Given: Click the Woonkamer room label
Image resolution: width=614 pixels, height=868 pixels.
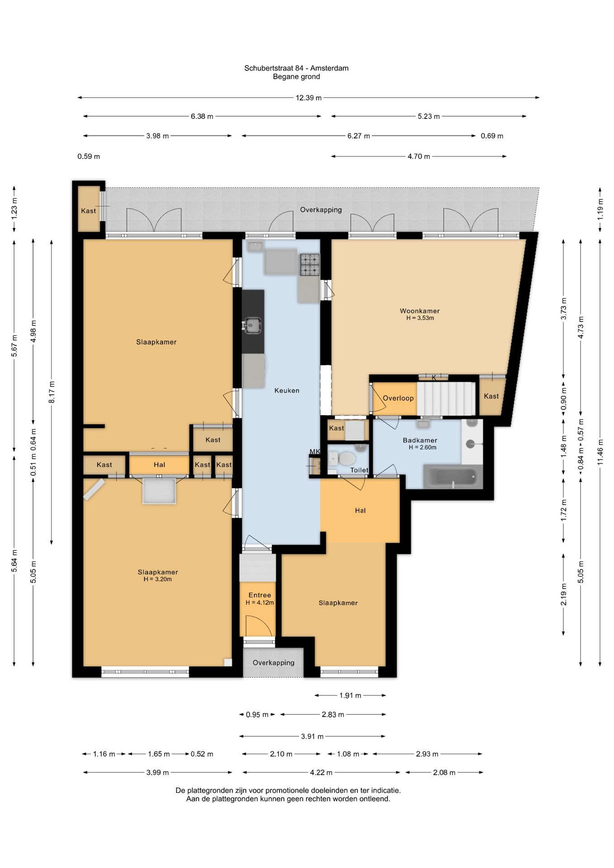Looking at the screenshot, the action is pyautogui.click(x=420, y=311).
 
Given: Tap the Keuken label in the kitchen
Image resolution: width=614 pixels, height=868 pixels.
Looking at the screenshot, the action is pyautogui.click(x=287, y=391).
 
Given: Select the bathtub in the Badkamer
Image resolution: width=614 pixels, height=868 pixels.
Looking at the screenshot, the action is pyautogui.click(x=453, y=477).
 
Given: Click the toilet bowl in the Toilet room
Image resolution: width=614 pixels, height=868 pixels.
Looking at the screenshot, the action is pyautogui.click(x=347, y=459).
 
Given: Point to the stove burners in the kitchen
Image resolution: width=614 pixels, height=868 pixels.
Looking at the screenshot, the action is pyautogui.click(x=310, y=265).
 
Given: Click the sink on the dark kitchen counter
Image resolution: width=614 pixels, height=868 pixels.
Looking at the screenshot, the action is pyautogui.click(x=252, y=325).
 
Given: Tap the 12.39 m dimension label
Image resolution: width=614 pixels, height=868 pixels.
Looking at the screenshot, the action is pyautogui.click(x=309, y=98).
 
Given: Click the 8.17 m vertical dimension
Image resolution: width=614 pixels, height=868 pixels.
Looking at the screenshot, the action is pyautogui.click(x=52, y=392).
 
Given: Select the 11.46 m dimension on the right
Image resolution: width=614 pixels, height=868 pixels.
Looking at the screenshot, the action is pyautogui.click(x=600, y=452).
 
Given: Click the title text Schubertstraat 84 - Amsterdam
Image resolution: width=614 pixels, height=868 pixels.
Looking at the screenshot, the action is pyautogui.click(x=296, y=68).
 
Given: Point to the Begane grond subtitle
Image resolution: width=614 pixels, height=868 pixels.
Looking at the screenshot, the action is pyautogui.click(x=296, y=77).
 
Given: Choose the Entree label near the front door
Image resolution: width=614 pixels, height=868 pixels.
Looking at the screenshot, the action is pyautogui.click(x=260, y=595).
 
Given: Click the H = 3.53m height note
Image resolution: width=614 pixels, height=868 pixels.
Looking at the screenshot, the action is pyautogui.click(x=420, y=318).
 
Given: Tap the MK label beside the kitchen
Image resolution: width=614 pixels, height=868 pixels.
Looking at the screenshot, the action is pyautogui.click(x=315, y=452).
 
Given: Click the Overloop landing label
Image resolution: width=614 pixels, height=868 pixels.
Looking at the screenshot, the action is pyautogui.click(x=398, y=398).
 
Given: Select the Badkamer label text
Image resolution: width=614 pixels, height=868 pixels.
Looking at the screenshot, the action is pyautogui.click(x=420, y=440).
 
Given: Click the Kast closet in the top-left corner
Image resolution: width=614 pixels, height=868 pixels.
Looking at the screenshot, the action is pyautogui.click(x=89, y=211).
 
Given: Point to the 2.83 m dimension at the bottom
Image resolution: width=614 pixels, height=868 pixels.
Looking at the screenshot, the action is pyautogui.click(x=333, y=715).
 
